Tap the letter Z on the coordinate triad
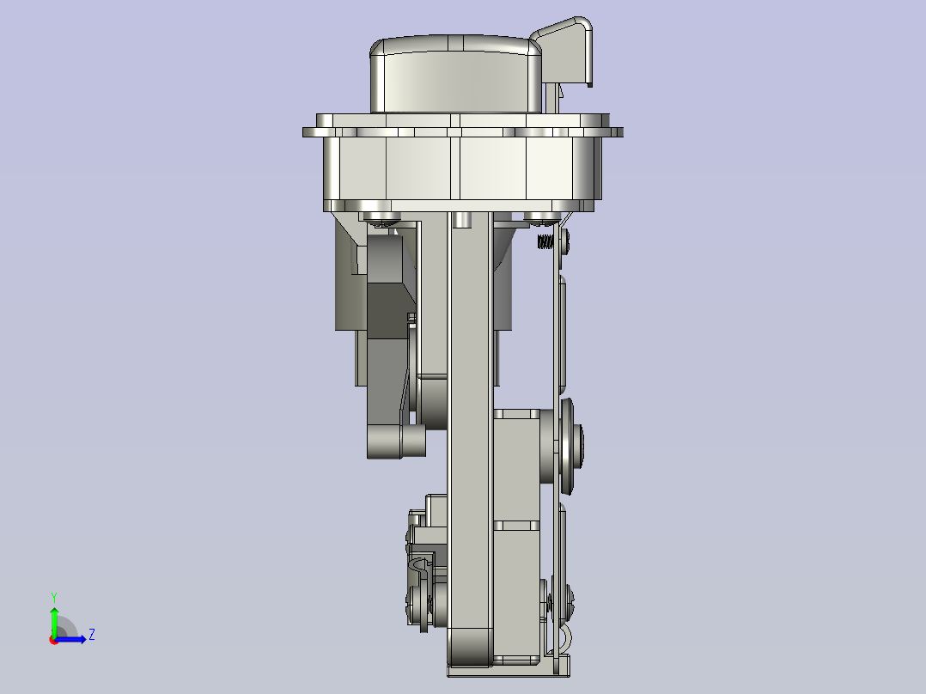click(x=92, y=635)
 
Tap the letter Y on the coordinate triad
click(x=54, y=598)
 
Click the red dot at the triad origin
click(x=54, y=640)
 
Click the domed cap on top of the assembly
click(x=456, y=74)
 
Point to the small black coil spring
click(x=545, y=241)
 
